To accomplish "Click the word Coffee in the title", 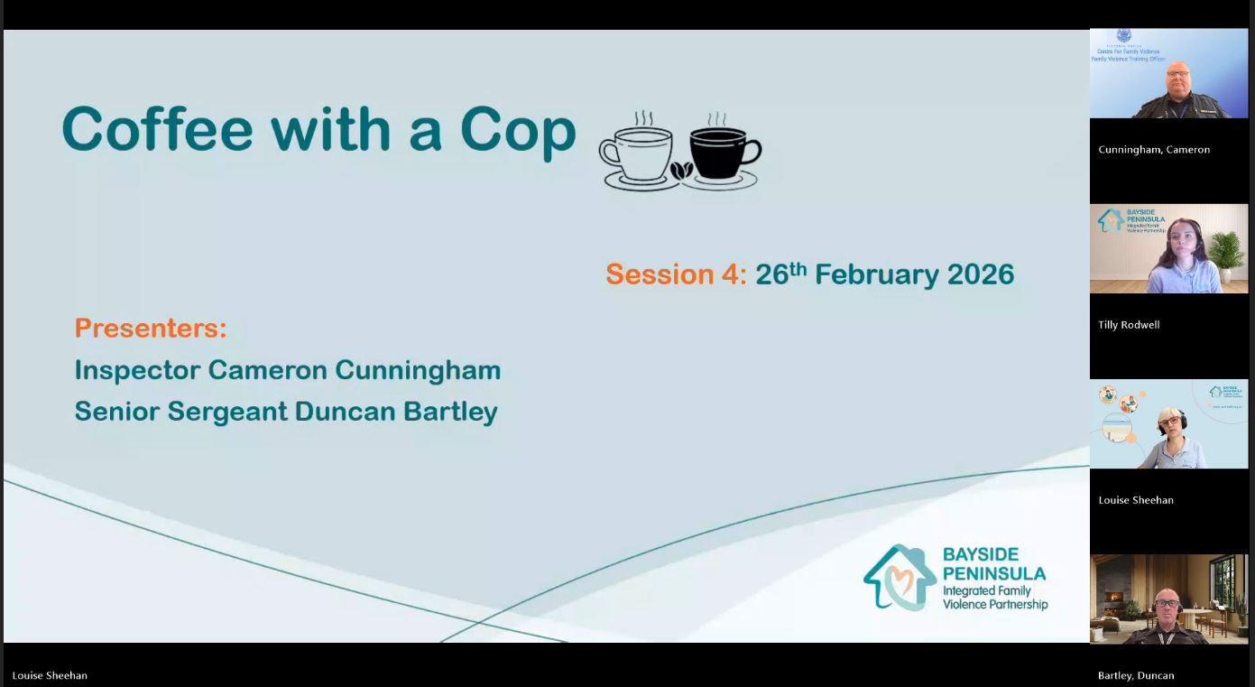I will (x=158, y=130).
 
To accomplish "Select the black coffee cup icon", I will (x=724, y=152).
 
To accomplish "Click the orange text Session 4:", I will (x=676, y=274).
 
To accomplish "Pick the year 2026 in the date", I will (x=980, y=274).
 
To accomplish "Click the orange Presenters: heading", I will (x=151, y=328).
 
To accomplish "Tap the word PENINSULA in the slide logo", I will (x=994, y=573).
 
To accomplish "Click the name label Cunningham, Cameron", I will (x=1154, y=150).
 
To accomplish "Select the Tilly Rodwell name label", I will (x=1129, y=325).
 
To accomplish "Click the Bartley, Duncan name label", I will (x=1136, y=675).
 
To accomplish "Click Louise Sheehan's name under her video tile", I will (x=1136, y=500).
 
